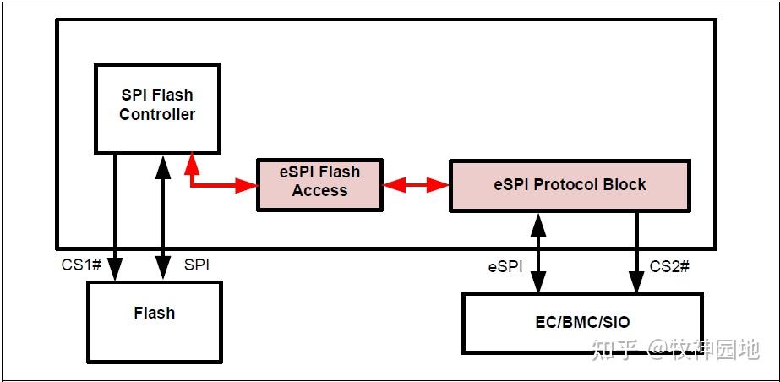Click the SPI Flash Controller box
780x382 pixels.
[x=157, y=108]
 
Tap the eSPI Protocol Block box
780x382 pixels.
[x=570, y=184]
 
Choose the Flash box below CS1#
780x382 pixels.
[x=154, y=321]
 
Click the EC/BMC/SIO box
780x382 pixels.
[x=581, y=322]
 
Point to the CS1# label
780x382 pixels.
[x=81, y=265]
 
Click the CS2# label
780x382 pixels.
[x=669, y=266]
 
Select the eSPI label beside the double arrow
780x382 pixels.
[x=505, y=266]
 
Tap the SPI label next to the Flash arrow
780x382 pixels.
[x=196, y=265]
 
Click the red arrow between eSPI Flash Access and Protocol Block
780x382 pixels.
[x=416, y=184]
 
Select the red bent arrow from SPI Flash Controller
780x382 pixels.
[x=211, y=183]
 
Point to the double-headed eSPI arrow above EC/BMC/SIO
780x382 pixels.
[x=537, y=254]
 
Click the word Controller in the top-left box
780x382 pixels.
[x=157, y=115]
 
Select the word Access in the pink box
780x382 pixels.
[x=319, y=191]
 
